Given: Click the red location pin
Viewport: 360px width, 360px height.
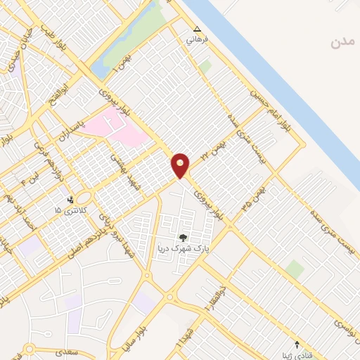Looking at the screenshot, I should pyautogui.click(x=181, y=165).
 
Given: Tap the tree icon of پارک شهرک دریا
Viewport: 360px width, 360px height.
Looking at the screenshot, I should pyautogui.click(x=184, y=238).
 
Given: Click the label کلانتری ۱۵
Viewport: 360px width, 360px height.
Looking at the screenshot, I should pyautogui.click(x=68, y=210).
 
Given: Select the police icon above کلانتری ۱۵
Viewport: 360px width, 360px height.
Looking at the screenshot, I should pyautogui.click(x=70, y=200).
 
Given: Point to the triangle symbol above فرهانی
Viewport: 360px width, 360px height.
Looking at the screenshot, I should pyautogui.click(x=197, y=30).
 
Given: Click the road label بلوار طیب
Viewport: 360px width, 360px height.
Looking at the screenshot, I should pyautogui.click(x=54, y=38).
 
